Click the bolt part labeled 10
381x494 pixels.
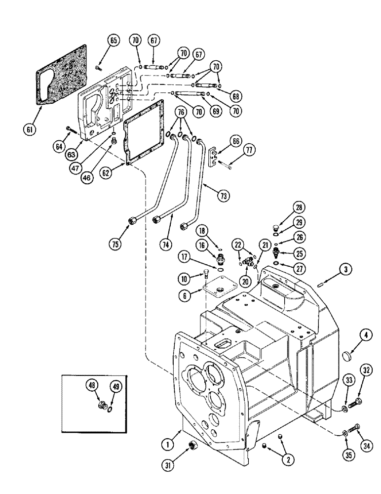[206, 273]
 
